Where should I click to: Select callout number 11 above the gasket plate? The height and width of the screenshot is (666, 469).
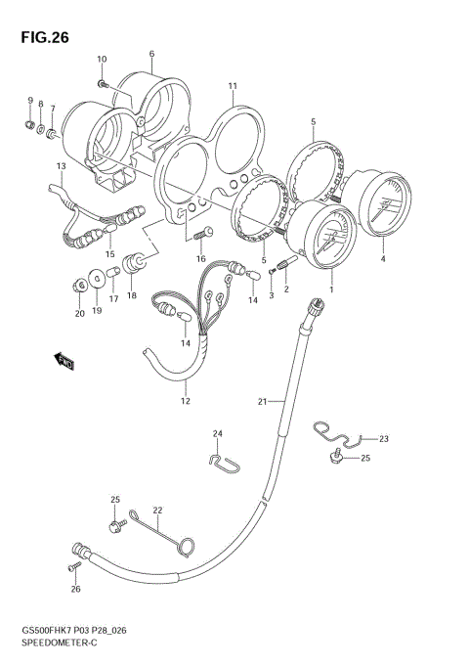coord(233,86)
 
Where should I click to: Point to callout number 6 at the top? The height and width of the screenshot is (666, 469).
coord(151,54)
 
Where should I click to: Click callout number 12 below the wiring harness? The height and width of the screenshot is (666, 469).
coord(184,401)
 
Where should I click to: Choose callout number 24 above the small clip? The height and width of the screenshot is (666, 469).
coord(218,434)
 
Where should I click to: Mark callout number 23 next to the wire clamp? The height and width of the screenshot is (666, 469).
coord(384,439)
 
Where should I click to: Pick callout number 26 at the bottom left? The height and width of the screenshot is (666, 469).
coord(75,589)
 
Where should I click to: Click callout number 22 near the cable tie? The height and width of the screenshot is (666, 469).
coord(156,510)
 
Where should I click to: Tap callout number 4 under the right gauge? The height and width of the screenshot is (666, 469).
coord(383,260)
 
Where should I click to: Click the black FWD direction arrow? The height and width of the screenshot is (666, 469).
coord(65,364)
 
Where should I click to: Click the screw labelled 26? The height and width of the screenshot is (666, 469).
coord(73,567)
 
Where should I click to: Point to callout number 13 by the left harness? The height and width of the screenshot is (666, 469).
coord(61,166)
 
